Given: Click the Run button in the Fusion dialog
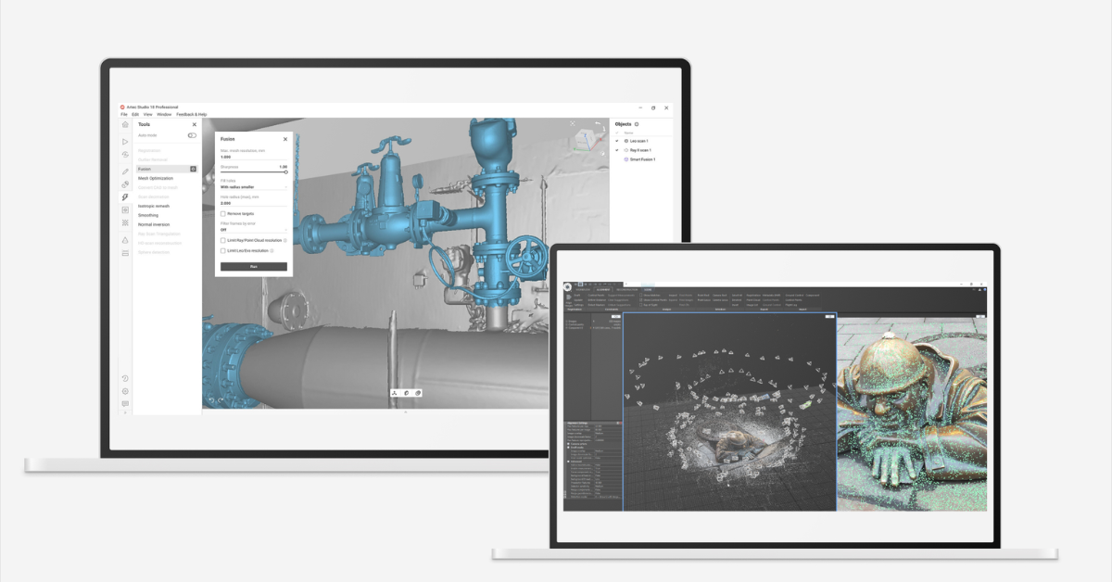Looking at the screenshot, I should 253,267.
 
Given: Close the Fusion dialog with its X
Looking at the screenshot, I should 285,139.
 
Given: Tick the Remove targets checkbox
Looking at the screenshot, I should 223,214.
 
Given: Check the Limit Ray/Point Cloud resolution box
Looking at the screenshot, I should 223,240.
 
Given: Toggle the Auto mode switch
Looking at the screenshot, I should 192,135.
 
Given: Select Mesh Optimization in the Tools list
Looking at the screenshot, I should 156,178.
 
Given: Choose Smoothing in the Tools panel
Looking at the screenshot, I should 148,215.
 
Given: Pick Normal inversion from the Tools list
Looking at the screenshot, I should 154,224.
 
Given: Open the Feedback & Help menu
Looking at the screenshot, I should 192,114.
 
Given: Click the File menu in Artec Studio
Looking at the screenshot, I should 123,114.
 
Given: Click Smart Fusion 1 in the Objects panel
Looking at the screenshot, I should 641,159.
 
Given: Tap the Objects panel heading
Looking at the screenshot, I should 623,124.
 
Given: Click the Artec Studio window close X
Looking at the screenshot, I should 667,108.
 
